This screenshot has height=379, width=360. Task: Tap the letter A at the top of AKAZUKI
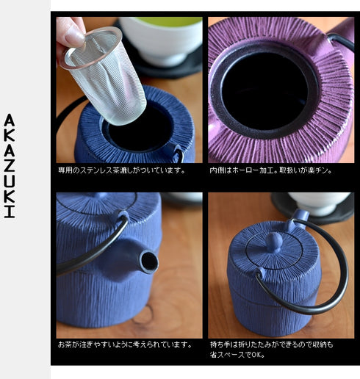pos(9,120)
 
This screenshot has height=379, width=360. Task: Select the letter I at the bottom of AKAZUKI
pos(9,212)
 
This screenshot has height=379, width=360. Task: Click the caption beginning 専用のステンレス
pos(121,170)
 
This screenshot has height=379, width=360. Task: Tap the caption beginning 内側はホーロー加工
pos(271,170)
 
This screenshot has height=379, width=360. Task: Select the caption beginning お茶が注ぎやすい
pos(125,344)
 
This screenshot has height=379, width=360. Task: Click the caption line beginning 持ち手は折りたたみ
pos(271,344)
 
